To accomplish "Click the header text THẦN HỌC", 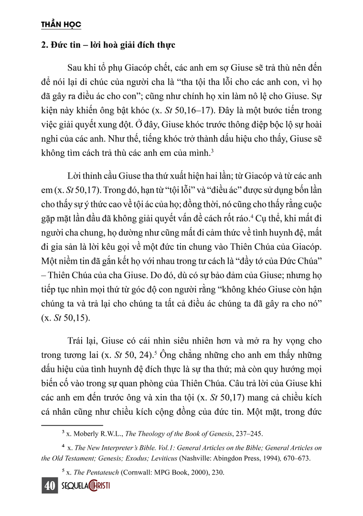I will coord(61,24).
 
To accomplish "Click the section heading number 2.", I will coord(43,45).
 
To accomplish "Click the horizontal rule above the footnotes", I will coord(72,424).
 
